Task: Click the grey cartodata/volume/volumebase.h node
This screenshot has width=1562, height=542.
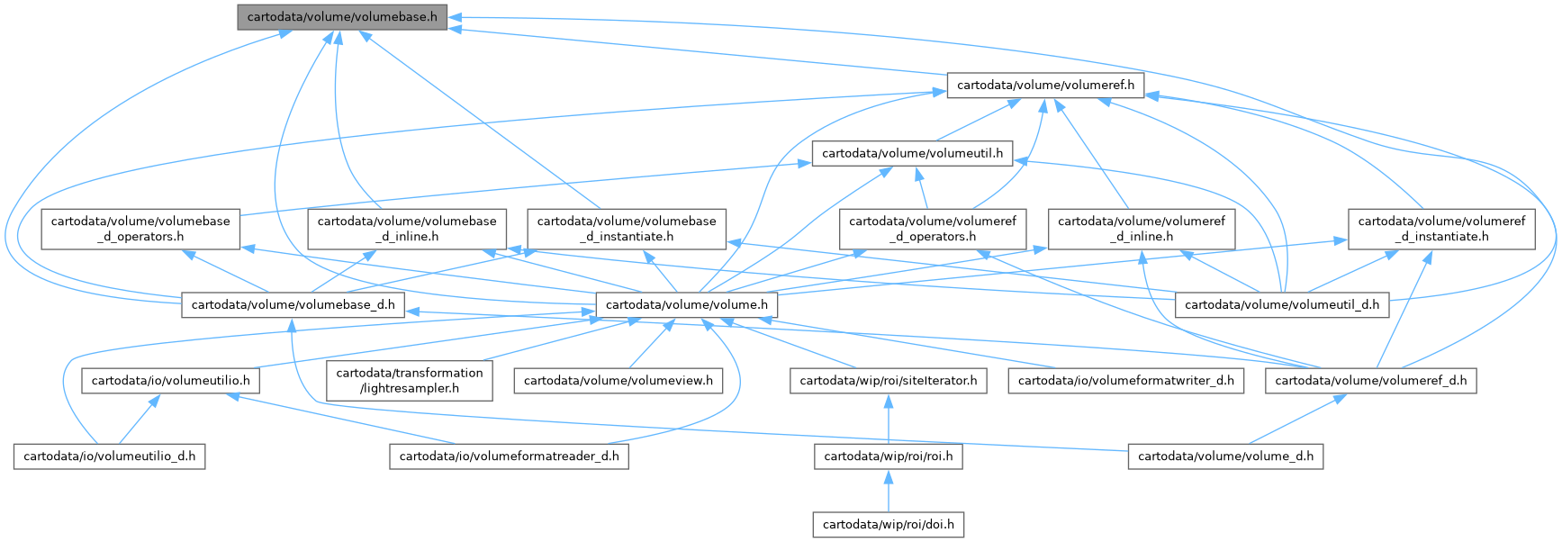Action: pos(342,17)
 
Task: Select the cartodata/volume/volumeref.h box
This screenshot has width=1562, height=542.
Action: pos(1044,86)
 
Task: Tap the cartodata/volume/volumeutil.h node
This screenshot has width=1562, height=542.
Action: pos(912,153)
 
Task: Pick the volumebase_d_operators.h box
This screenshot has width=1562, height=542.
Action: pos(140,229)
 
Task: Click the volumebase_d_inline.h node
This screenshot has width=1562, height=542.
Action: pos(406,229)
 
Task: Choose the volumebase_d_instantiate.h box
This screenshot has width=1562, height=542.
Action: pos(627,229)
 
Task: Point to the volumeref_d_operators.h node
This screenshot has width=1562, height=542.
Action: pos(932,229)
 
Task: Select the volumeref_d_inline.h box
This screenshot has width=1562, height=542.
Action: pos(1141,229)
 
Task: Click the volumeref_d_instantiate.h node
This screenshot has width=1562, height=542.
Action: pos(1441,229)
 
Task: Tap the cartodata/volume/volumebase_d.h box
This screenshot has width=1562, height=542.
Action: pos(293,304)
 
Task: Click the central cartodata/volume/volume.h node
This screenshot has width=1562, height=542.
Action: pos(687,304)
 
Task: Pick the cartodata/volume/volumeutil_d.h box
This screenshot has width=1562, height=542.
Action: pos(1282,304)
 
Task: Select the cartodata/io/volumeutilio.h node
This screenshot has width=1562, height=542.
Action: pos(171,380)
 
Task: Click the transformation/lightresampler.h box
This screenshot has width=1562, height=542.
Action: pos(410,380)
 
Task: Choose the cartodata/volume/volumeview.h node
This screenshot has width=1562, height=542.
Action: pos(618,380)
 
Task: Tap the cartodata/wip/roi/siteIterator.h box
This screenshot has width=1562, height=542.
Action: pos(888,380)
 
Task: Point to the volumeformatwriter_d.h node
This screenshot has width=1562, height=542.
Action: pos(1126,380)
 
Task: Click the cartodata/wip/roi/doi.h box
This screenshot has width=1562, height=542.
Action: pos(888,524)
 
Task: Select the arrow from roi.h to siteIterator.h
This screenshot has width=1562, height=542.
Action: pos(888,419)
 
